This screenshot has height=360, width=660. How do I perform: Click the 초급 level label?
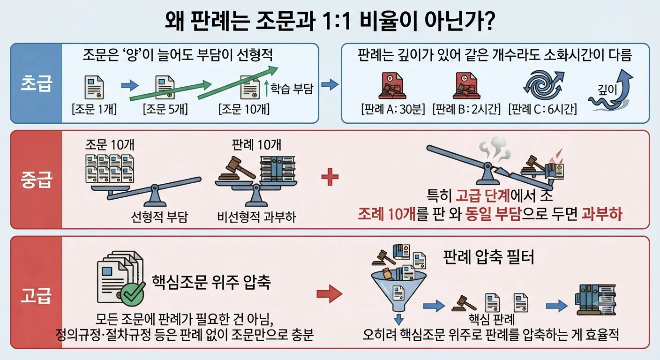(36, 83)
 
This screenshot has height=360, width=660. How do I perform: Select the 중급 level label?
(36, 179)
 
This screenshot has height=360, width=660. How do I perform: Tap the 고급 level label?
(36, 295)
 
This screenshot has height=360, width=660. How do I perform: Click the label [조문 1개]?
(94, 109)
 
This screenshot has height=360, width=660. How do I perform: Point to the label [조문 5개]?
(165, 109)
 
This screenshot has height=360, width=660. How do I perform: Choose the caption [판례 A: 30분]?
(393, 109)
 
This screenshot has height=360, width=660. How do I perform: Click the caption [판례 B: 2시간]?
(466, 109)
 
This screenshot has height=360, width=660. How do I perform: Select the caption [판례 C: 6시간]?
(542, 109)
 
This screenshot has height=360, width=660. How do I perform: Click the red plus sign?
(330, 177)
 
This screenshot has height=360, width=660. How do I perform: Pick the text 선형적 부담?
(159, 217)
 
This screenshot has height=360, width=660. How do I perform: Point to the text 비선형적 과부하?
(256, 217)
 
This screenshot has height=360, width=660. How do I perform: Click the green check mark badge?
(133, 294)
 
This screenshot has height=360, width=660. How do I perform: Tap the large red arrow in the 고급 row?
(330, 294)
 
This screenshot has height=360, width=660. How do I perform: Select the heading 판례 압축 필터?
(488, 257)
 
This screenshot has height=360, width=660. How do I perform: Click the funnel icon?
(398, 290)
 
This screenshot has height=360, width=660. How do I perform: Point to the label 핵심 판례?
(491, 319)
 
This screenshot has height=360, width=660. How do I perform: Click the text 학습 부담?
(292, 89)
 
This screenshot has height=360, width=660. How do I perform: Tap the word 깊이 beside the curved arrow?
(607, 90)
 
